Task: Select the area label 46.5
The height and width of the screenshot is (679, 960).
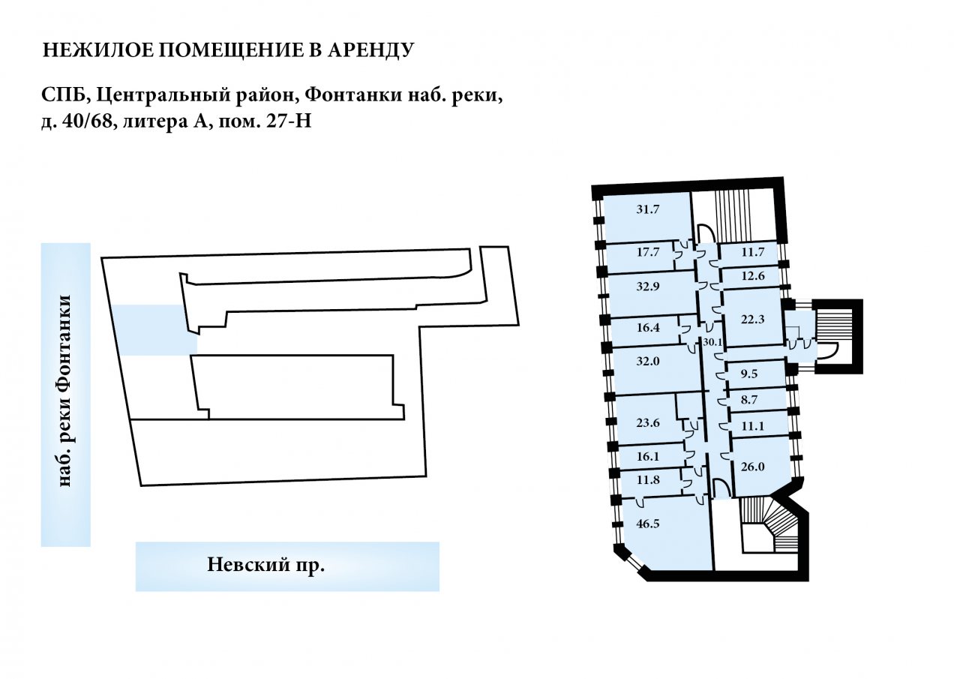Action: [x=647, y=524]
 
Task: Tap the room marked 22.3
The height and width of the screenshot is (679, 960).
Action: [x=752, y=320]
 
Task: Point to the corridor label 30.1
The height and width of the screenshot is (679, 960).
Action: [x=712, y=342]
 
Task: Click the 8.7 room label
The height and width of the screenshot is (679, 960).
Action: [x=749, y=400]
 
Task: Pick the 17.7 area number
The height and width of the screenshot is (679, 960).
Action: [x=647, y=252]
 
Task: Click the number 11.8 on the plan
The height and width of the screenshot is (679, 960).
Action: [x=647, y=479]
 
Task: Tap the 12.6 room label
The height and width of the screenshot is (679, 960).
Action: [x=752, y=275]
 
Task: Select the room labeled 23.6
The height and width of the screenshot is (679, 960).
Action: [x=647, y=423]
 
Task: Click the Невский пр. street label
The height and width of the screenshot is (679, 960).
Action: [x=265, y=565]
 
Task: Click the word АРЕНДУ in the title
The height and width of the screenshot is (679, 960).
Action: [x=370, y=50]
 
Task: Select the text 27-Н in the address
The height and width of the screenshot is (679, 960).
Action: [x=289, y=122]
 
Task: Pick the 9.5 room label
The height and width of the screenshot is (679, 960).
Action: [x=749, y=374]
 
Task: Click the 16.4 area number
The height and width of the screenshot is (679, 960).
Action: [x=647, y=328]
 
